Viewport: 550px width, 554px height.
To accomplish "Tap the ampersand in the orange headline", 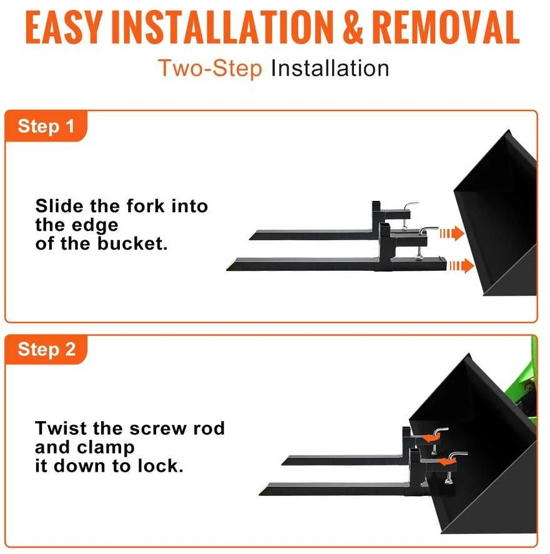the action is tap(353, 27).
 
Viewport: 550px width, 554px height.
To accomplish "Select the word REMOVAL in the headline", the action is tap(446, 27).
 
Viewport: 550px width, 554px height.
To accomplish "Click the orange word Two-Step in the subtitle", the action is tap(210, 68).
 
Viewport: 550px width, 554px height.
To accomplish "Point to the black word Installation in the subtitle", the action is tap(330, 68).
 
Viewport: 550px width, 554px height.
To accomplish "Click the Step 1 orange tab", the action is tap(46, 126).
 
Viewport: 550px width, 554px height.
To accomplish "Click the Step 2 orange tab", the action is tap(46, 349).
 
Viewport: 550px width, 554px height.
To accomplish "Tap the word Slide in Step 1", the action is tap(60, 206).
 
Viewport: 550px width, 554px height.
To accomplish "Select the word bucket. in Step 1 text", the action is tap(132, 243).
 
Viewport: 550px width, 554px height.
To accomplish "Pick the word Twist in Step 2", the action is tap(61, 428).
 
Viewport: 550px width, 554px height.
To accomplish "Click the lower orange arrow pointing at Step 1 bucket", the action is tap(461, 266).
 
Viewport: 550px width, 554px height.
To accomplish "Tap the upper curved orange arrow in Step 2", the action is tap(431, 438).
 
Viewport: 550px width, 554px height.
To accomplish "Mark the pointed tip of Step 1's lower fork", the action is tap(227, 270).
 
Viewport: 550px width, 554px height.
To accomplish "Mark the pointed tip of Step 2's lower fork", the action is tap(260, 494).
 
